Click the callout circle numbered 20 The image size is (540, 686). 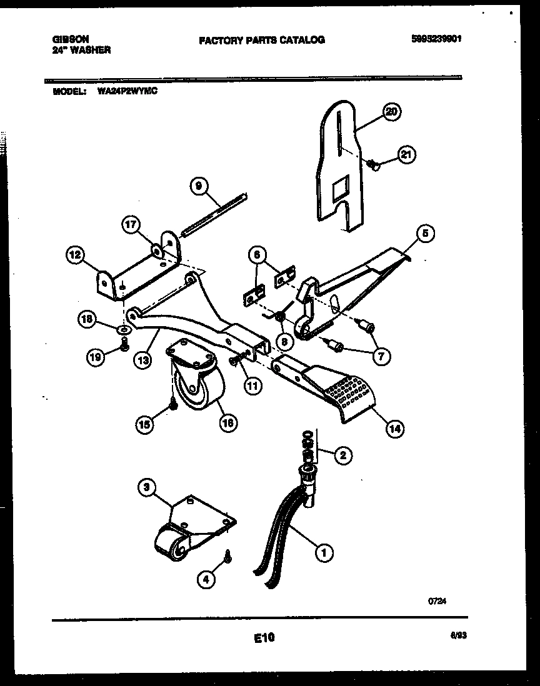(391, 112)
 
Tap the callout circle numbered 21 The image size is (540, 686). (407, 156)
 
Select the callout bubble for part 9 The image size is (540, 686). (198, 186)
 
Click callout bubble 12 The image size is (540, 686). (75, 254)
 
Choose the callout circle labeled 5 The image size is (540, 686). (424, 234)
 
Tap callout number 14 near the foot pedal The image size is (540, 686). (395, 429)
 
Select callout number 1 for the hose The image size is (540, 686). (323, 552)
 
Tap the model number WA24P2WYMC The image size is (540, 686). (127, 91)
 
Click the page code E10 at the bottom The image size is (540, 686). (264, 638)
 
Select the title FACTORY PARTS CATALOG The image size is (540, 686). (262, 40)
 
